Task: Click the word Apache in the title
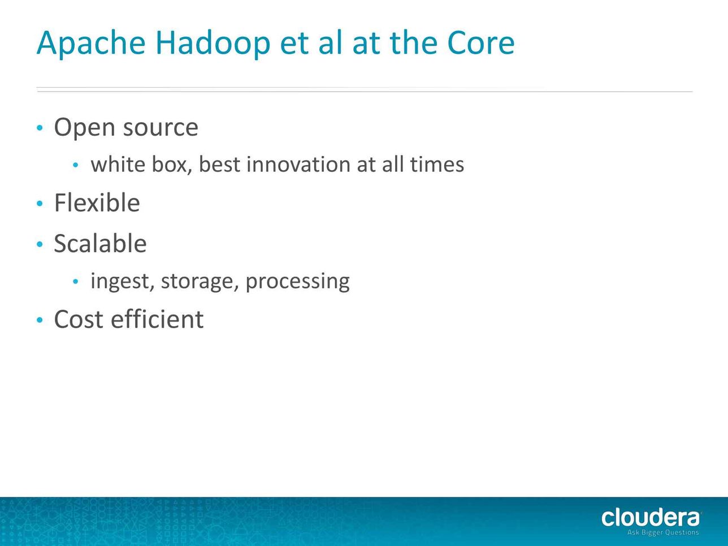[x=91, y=44]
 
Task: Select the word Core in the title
[x=481, y=43]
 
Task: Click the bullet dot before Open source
[x=40, y=128]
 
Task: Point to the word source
[x=161, y=128]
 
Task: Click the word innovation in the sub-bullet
[x=298, y=164]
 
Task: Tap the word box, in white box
[x=172, y=164]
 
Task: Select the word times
[x=437, y=164]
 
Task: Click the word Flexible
[x=97, y=202]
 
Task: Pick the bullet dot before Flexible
[x=40, y=203]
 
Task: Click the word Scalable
[x=100, y=244]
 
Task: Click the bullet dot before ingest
[x=76, y=281]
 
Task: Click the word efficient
[x=157, y=319]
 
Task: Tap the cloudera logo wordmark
[x=651, y=518]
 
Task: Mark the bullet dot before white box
[x=76, y=164]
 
